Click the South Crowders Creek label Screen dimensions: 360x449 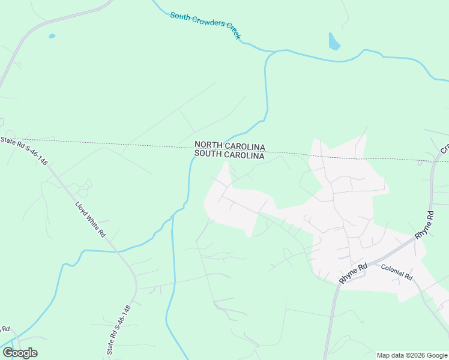205,25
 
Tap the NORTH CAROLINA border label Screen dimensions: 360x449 229,146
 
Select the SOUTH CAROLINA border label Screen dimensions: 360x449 229,155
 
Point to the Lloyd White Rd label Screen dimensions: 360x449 90,218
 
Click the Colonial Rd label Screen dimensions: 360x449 397,273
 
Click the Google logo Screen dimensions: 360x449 20,353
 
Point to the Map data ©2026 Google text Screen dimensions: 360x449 412,355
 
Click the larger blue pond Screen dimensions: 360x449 334,41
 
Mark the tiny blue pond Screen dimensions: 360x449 52,36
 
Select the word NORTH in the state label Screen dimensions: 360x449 209,146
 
